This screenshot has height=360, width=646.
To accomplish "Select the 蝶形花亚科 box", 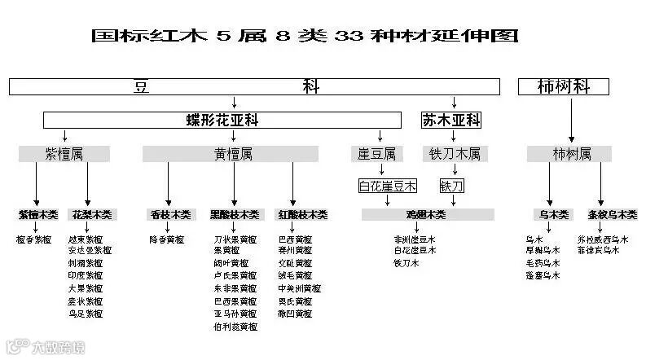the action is click(222, 121).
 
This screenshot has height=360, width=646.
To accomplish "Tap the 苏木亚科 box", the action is click(450, 121).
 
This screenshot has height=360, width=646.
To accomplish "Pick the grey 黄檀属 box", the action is click(233, 153).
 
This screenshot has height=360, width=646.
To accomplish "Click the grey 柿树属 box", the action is click(570, 153).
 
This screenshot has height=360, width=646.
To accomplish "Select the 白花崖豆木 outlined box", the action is click(388, 187).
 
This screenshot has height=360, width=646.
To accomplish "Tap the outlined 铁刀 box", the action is click(452, 187).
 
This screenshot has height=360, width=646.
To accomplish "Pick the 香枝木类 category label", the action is click(170, 215).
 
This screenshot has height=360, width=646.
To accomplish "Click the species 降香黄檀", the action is click(166, 240).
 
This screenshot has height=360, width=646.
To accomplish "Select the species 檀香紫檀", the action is click(34, 240).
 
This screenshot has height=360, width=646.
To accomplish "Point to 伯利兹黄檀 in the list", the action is click(235, 327).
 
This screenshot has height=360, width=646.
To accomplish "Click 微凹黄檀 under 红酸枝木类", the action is click(294, 314).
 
